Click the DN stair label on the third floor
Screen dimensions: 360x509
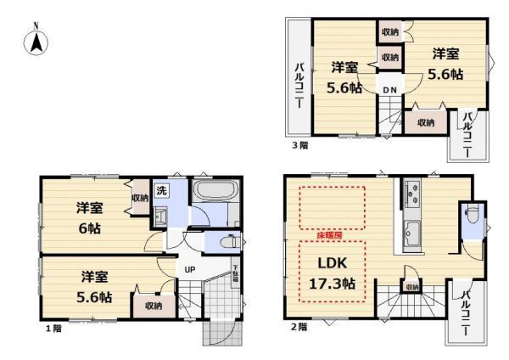[389, 90]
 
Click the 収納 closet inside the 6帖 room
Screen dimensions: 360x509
[139, 198]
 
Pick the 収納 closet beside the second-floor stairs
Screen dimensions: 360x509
[411, 288]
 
